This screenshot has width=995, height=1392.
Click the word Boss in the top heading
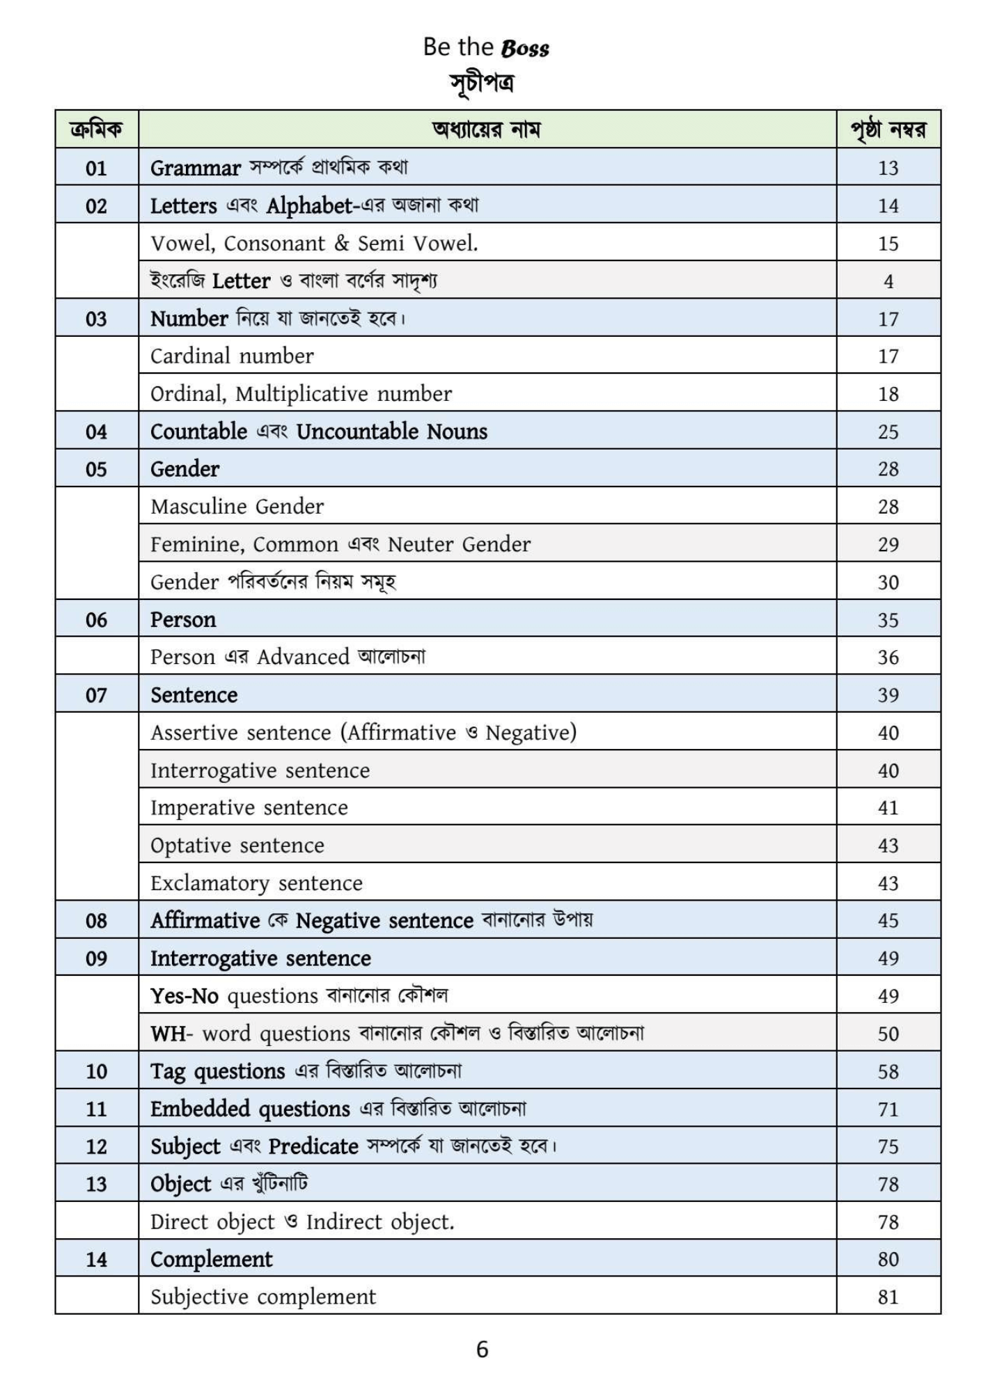click(x=524, y=48)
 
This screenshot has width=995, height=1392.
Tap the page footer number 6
click(x=482, y=1350)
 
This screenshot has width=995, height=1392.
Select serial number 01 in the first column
click(x=96, y=168)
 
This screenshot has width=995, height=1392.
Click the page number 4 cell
click(x=888, y=281)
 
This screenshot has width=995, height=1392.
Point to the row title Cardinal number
click(x=232, y=356)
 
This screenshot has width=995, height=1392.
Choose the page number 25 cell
click(x=888, y=432)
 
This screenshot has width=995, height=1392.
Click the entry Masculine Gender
click(x=237, y=507)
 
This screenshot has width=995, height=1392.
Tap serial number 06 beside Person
click(x=96, y=619)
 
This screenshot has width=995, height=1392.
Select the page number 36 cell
click(x=888, y=657)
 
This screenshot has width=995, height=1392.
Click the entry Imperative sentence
click(x=249, y=808)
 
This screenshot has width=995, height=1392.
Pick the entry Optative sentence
click(x=237, y=846)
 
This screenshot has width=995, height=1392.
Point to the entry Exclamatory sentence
click(x=256, y=883)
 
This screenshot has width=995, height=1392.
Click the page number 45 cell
click(x=888, y=921)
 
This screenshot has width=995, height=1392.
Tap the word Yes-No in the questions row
click(x=185, y=996)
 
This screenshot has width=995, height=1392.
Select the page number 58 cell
click(x=888, y=1071)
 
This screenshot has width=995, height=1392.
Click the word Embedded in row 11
click(x=201, y=1109)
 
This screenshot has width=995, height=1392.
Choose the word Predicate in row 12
click(x=313, y=1146)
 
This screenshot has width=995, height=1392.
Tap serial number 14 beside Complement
click(x=96, y=1259)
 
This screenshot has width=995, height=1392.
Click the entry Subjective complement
click(x=263, y=1297)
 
